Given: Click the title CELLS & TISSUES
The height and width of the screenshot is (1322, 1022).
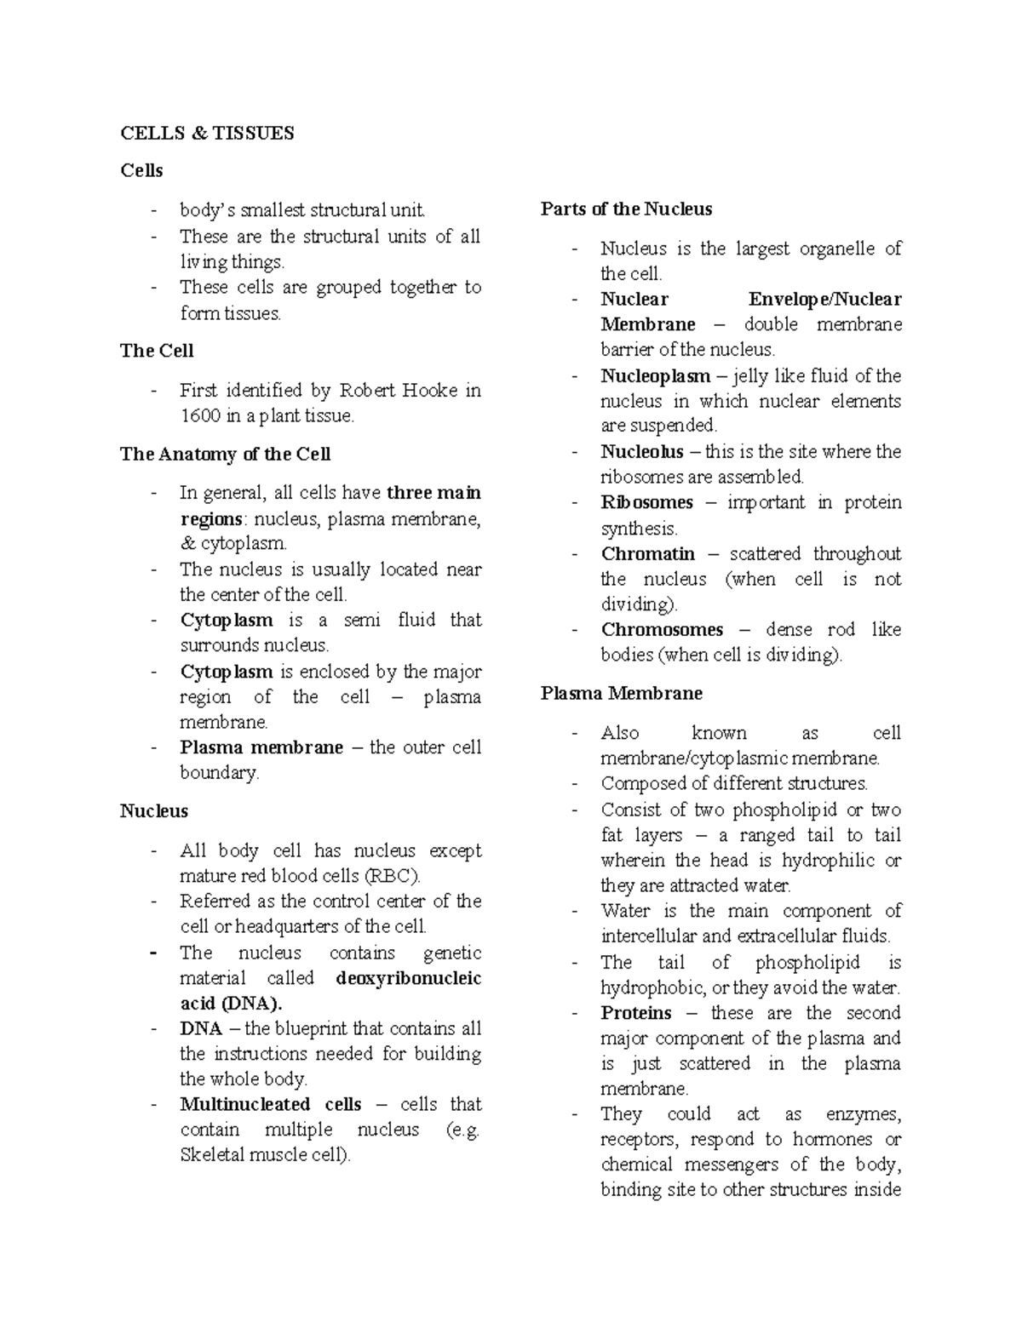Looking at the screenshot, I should click(207, 133).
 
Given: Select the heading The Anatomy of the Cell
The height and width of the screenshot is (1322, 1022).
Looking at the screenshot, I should click(225, 455).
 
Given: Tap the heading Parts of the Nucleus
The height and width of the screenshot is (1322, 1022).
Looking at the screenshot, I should click(626, 209).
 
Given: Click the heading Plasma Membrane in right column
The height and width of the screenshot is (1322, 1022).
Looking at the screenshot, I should click(621, 694).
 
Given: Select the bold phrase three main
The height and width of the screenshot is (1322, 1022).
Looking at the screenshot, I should click(433, 493).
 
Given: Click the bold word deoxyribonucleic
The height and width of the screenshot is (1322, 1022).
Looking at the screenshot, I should click(409, 978).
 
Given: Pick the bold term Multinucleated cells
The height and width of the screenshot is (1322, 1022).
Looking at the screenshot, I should click(270, 1105).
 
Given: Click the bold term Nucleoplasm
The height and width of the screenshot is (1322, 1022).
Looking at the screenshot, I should click(655, 376).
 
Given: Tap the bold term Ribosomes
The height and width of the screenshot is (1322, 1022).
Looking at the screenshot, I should click(646, 503).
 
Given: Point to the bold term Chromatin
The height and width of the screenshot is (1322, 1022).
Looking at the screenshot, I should click(647, 554).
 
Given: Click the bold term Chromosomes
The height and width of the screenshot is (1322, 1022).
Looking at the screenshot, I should click(662, 630).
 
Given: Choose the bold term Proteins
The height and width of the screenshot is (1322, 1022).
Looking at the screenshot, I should click(635, 1013).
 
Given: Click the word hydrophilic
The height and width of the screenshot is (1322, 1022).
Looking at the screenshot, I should click(828, 861).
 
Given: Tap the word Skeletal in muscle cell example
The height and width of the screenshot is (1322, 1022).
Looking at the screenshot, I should click(211, 1156).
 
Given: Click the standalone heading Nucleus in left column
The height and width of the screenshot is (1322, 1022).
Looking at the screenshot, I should click(153, 811).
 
